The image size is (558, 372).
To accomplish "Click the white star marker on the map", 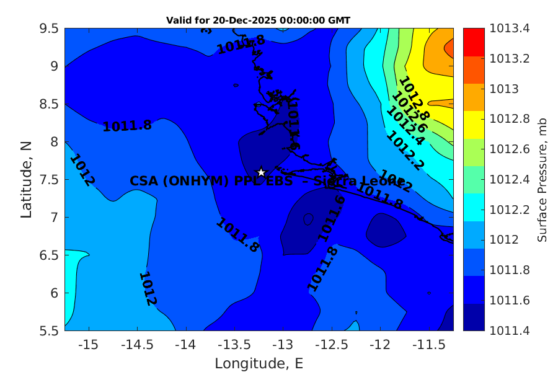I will pyautogui.click(x=262, y=172).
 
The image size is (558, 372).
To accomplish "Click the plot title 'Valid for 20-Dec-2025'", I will pyautogui.click(x=258, y=20).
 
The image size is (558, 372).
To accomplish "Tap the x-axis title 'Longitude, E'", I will pyautogui.click(x=259, y=363).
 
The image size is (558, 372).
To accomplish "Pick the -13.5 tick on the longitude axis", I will pyautogui.click(x=234, y=343).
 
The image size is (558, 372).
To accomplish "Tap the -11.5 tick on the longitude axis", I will pyautogui.click(x=428, y=343).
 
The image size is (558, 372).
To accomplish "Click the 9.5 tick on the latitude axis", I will pyautogui.click(x=48, y=29).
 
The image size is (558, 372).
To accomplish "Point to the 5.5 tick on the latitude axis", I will pyautogui.click(x=48, y=330).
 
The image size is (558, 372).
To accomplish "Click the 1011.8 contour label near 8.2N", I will pyautogui.click(x=127, y=126).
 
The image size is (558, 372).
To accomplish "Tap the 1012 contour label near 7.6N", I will pyautogui.click(x=82, y=170).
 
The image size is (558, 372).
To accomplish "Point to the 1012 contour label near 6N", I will pyautogui.click(x=148, y=288).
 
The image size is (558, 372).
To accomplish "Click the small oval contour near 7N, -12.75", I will pyautogui.click(x=308, y=219).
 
